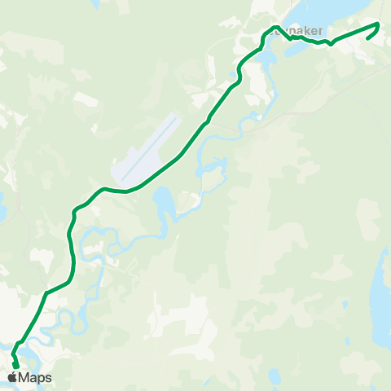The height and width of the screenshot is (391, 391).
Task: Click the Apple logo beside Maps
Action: pos(12,377)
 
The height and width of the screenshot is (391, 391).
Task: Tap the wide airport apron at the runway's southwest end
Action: pos(130,170)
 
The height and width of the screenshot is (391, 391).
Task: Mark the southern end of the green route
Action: pos(15,364)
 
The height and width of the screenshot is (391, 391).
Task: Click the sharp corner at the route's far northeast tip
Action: pos(380,24)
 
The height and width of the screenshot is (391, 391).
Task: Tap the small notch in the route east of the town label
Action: pos(330,44)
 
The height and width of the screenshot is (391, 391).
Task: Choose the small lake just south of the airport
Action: pos(161,198)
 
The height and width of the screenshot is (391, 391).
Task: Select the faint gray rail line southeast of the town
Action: pos(326,90)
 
